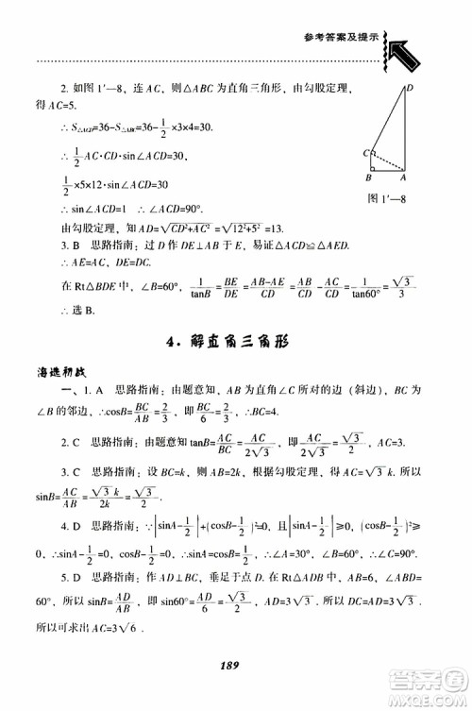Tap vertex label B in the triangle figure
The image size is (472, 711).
pos(371,178)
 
